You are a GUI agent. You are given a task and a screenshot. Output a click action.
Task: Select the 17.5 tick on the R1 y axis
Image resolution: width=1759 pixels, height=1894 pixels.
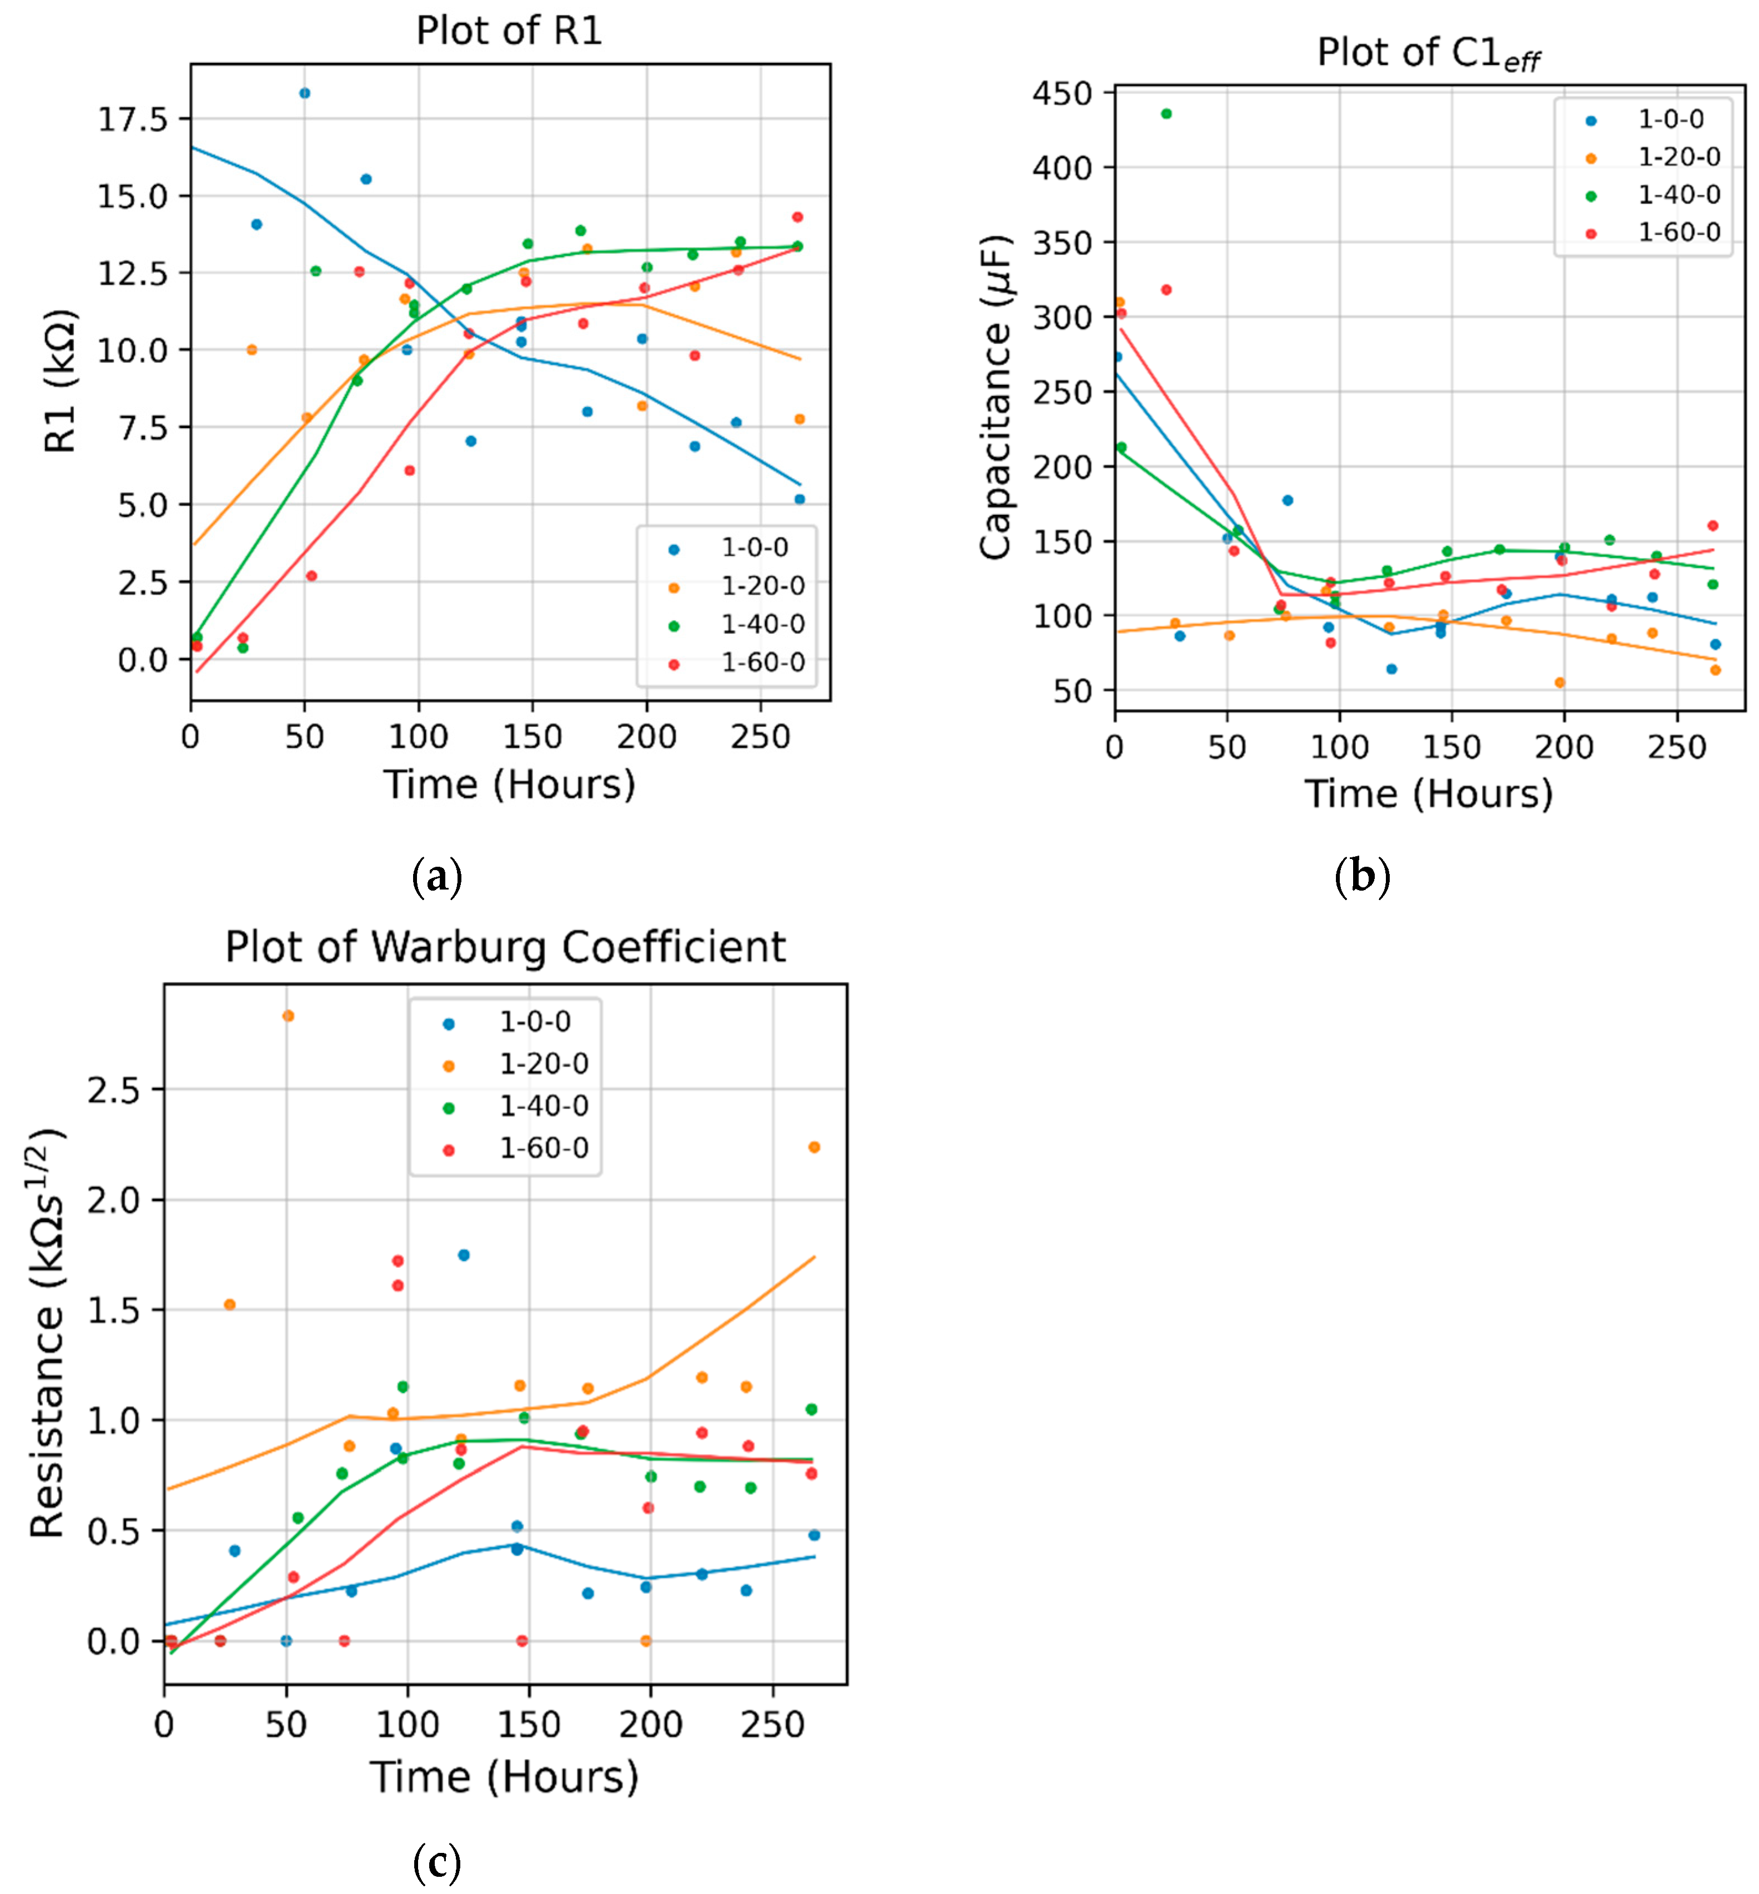tap(132, 119)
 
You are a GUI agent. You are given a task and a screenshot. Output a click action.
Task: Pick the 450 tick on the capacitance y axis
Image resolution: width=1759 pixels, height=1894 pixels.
tap(1062, 93)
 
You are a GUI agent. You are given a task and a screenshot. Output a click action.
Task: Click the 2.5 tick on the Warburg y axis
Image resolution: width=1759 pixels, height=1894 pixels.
tap(112, 1091)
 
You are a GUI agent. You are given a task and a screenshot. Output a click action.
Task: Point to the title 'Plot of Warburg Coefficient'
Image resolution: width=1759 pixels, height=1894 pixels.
tap(505, 948)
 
